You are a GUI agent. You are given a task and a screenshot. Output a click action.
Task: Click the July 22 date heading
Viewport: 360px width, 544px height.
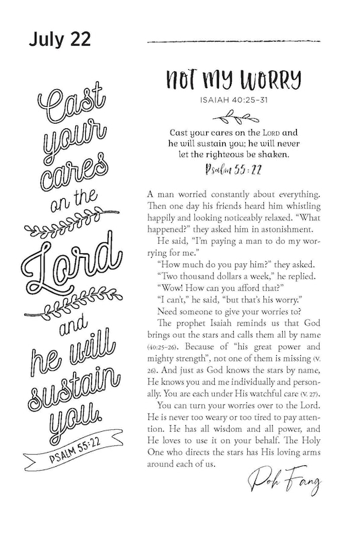click(x=58, y=40)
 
